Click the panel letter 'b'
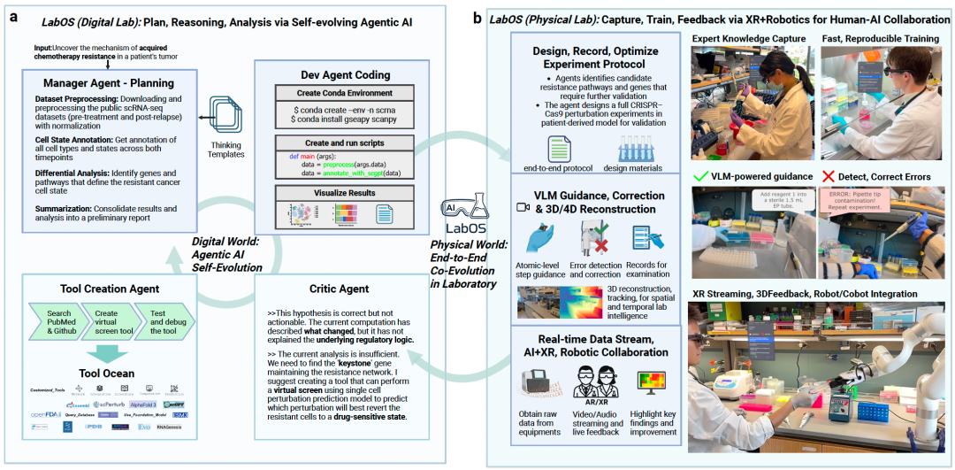(x=478, y=16)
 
